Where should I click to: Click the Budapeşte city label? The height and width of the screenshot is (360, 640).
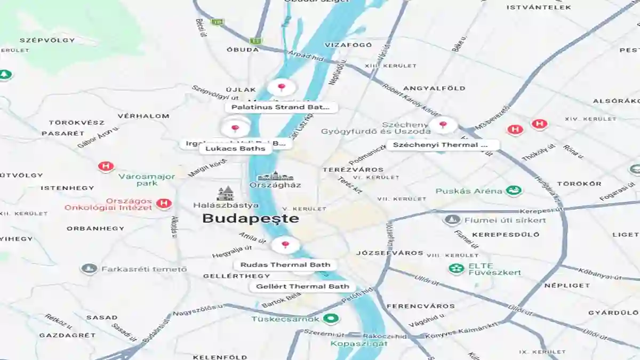251,219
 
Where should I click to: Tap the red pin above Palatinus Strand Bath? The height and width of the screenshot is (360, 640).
281,87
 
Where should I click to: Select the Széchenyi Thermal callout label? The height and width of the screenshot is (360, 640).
442,145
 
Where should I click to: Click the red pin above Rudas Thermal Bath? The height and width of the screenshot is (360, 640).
285,245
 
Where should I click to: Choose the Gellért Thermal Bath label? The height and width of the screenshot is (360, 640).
302,286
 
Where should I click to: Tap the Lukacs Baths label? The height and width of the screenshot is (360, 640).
235,149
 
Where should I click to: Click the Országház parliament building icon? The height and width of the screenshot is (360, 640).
275,176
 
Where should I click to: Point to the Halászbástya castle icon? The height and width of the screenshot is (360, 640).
226,194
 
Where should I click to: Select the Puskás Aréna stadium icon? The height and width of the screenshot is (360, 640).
514,190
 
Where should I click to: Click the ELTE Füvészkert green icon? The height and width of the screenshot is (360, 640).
456,268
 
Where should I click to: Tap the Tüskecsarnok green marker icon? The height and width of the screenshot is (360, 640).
332,319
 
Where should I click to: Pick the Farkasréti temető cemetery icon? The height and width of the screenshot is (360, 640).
89,269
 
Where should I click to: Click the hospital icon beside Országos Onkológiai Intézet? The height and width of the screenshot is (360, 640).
165,203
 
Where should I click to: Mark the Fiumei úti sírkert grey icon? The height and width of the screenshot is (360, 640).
452,220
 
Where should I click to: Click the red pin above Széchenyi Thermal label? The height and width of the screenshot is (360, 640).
443,125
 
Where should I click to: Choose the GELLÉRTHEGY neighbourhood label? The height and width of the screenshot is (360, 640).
236,276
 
